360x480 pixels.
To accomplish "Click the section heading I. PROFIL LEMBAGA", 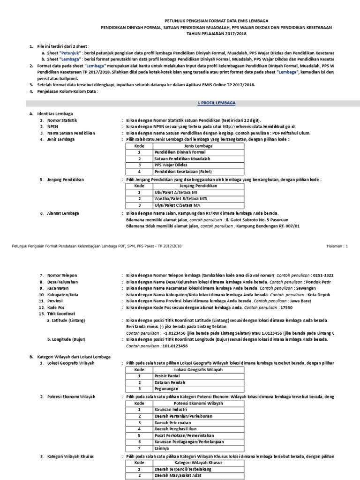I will point(215,102).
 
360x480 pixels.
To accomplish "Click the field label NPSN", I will point(53,127).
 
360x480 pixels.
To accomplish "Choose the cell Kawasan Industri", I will point(167,409).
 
